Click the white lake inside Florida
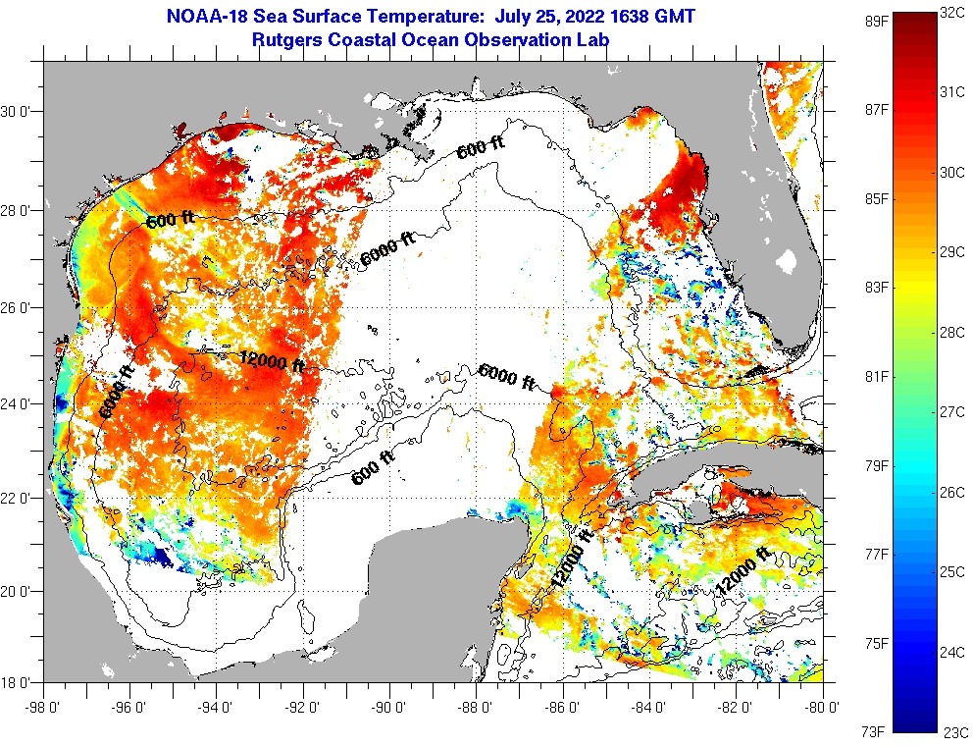[787, 262]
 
